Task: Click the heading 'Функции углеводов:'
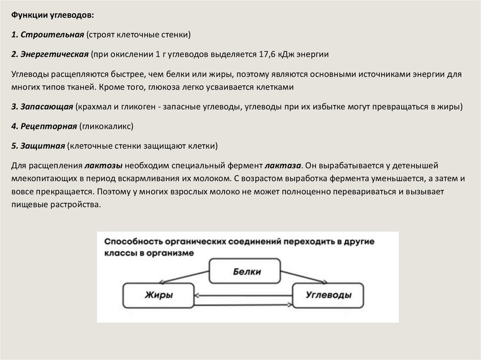pyautogui.click(x=53, y=15)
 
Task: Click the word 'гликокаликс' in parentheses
pyautogui.click(x=106, y=126)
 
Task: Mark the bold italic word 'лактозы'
pyautogui.click(x=104, y=165)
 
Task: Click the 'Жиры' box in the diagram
pyautogui.click(x=158, y=295)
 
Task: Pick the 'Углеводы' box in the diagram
pyautogui.click(x=328, y=295)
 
